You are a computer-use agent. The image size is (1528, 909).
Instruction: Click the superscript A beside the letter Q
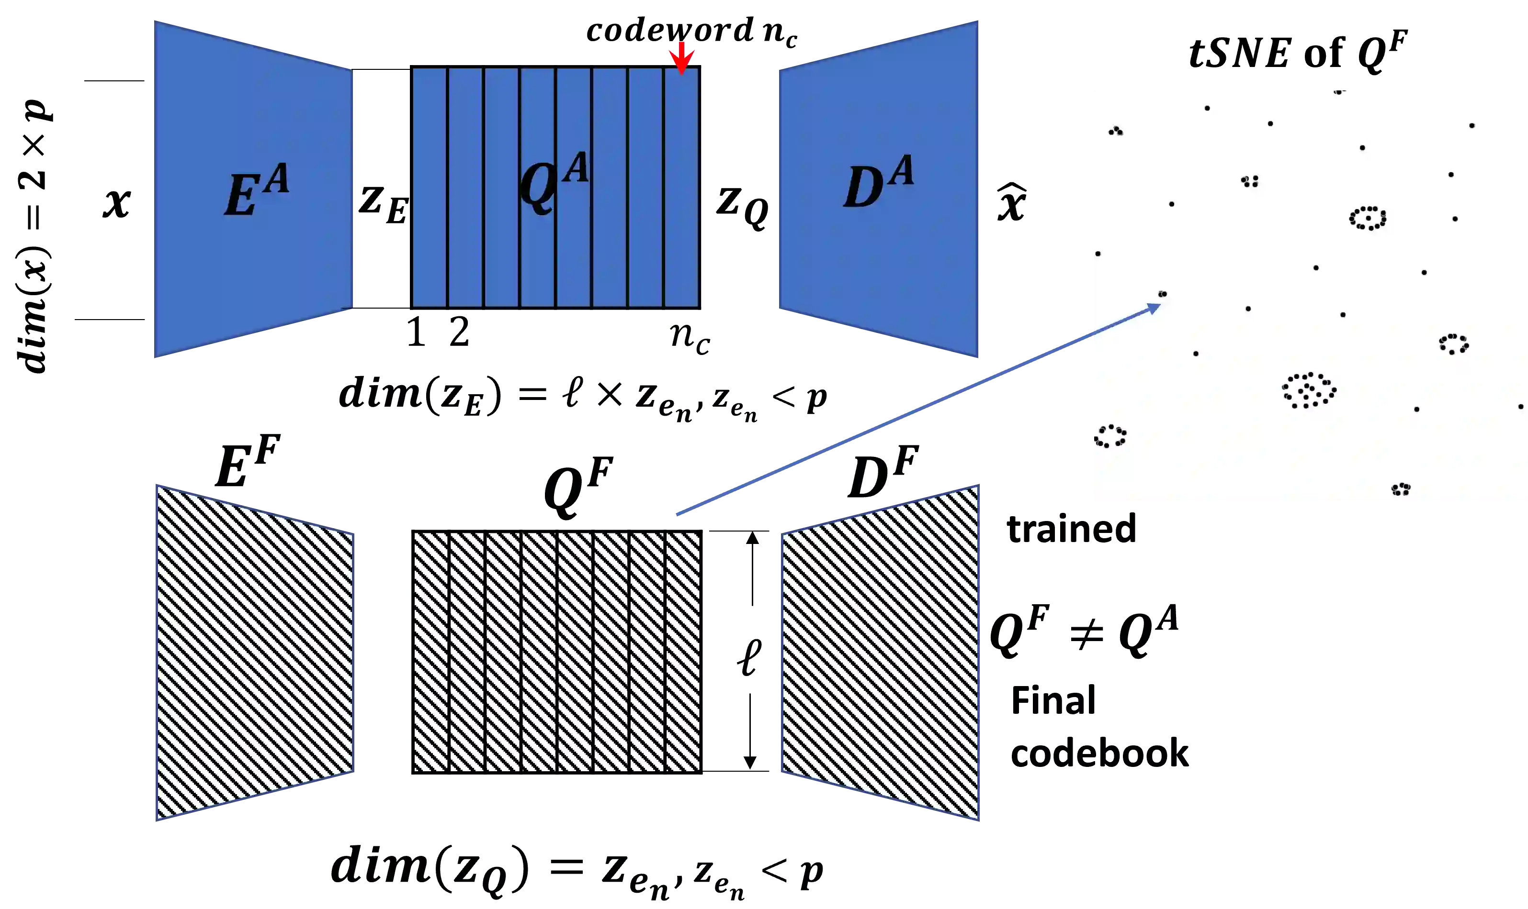coord(576,168)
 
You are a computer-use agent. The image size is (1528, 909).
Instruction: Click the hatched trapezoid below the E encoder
coord(254,653)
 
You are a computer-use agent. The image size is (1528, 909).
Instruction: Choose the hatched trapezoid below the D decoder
coord(880,653)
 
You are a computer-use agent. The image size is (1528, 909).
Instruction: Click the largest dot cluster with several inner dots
coord(1309,390)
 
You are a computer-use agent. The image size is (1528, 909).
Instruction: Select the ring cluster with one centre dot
coord(1368,218)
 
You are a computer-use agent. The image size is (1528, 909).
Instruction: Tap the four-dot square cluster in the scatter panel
coord(1250,181)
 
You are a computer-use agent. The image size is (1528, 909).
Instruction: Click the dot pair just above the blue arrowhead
coord(1162,294)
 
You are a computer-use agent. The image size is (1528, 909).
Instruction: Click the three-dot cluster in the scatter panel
coord(1116,131)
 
